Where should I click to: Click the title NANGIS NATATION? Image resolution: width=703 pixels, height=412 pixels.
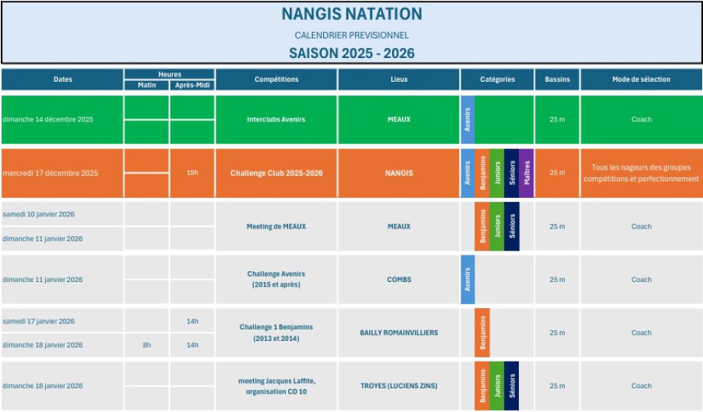click(x=351, y=14)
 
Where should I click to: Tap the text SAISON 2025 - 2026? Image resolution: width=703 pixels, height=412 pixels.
click(x=351, y=53)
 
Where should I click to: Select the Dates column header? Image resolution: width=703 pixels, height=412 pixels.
click(x=63, y=79)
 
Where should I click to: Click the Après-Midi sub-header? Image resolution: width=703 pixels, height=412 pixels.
click(x=193, y=85)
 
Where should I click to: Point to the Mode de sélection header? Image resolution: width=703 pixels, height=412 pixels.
click(x=641, y=79)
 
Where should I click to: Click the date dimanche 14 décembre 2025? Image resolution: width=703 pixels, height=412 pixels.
click(x=47, y=119)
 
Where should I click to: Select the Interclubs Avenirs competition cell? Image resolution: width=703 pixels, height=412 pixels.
click(x=277, y=119)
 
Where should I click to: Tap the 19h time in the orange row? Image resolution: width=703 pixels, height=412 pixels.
click(x=193, y=173)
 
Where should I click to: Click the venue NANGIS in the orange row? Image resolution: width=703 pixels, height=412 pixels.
click(x=399, y=173)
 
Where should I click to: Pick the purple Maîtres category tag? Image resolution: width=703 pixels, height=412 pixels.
click(x=526, y=173)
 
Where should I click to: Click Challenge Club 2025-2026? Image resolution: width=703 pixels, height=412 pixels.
click(x=277, y=173)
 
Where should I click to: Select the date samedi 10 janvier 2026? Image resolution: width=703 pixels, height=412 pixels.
click(x=38, y=214)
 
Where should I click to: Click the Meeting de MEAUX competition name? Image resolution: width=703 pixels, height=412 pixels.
click(x=277, y=226)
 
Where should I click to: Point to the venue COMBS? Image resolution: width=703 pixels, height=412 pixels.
click(x=399, y=280)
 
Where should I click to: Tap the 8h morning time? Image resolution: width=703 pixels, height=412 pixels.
click(x=147, y=345)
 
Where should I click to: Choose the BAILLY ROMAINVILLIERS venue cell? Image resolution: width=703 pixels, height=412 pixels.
click(x=399, y=333)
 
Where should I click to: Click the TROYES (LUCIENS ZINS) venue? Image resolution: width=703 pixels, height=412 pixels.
click(x=399, y=386)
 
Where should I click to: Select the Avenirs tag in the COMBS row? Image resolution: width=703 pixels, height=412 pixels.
click(x=468, y=280)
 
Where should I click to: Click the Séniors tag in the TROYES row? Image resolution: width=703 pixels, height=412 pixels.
click(x=511, y=386)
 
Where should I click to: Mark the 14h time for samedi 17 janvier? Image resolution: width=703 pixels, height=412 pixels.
click(x=193, y=321)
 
